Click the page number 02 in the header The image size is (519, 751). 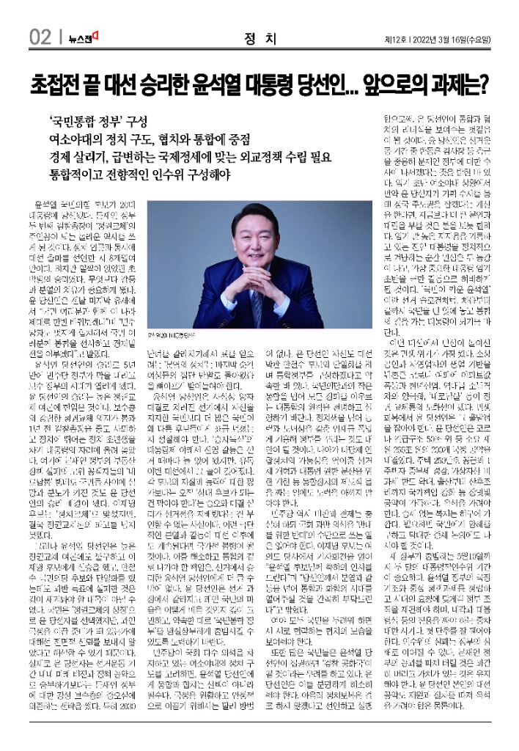pyautogui.click(x=40, y=35)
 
